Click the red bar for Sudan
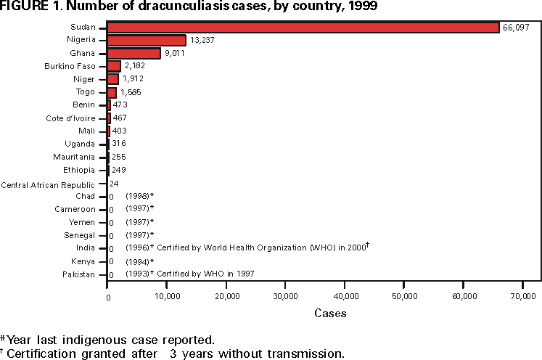click(303, 28)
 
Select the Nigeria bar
click(147, 41)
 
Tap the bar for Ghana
click(134, 54)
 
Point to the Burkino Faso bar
click(114, 66)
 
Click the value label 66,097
click(516, 28)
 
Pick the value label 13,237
click(203, 41)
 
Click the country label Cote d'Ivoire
click(70, 118)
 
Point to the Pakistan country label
click(78, 274)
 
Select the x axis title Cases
click(330, 314)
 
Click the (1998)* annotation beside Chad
click(140, 197)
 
